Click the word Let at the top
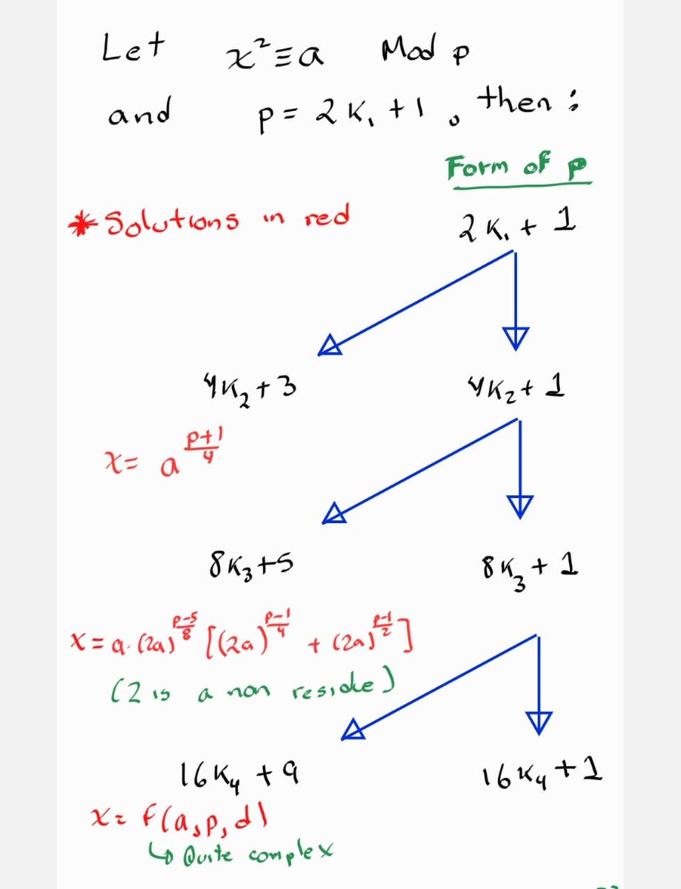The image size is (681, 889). (133, 49)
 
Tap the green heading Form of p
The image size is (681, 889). (517, 168)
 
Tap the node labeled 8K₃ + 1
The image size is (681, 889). (529, 570)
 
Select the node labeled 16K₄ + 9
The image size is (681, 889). (236, 776)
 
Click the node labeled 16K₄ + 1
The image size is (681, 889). (541, 775)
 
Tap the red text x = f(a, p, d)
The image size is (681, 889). (179, 819)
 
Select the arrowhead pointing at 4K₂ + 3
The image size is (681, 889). (330, 345)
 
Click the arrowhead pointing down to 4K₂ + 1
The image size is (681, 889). (516, 338)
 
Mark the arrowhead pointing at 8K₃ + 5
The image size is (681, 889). (334, 513)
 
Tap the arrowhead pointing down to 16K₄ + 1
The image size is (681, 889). (539, 722)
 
